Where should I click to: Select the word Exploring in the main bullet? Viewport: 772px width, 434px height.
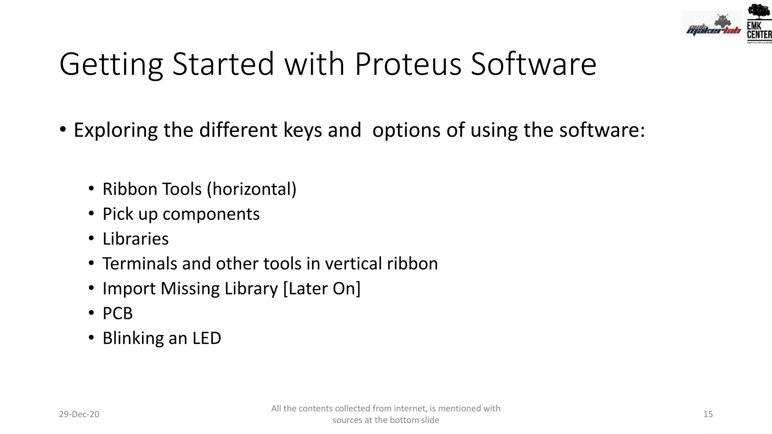pyautogui.click(x=115, y=130)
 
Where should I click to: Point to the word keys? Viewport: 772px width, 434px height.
pyautogui.click(x=303, y=130)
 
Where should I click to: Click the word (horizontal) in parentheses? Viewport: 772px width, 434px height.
pyautogui.click(x=252, y=189)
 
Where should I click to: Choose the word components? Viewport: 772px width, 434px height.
pyautogui.click(x=211, y=214)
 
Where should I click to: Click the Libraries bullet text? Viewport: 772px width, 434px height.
pyautogui.click(x=136, y=239)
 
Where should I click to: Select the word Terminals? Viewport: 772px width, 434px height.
pyautogui.click(x=139, y=264)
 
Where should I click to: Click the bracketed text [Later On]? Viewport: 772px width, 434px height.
pyautogui.click(x=322, y=289)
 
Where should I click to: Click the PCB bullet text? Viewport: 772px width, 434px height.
pyautogui.click(x=118, y=313)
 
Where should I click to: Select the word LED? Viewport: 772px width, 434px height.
pyautogui.click(x=207, y=338)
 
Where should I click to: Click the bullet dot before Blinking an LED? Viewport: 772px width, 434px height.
pyautogui.click(x=91, y=338)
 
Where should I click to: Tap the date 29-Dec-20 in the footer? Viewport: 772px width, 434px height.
pyautogui.click(x=79, y=414)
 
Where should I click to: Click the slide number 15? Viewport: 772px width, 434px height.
pyautogui.click(x=708, y=414)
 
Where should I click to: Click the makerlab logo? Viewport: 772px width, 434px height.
pyautogui.click(x=712, y=26)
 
